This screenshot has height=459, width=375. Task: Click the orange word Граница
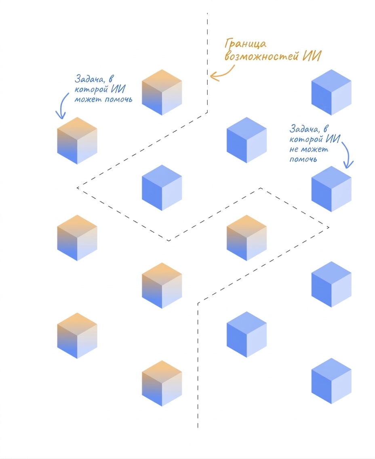(x=246, y=44)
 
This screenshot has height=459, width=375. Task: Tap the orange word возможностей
(x=262, y=56)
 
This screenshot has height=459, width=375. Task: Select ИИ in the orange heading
(x=312, y=56)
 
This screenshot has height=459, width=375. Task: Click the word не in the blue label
(x=294, y=150)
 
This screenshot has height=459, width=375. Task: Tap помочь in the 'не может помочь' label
(x=303, y=159)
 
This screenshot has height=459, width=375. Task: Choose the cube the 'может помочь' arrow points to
(x=77, y=140)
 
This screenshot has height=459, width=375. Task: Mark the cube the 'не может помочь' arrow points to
(x=331, y=189)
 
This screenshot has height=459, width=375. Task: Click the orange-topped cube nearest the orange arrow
(x=162, y=93)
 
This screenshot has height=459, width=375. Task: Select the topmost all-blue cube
(x=331, y=93)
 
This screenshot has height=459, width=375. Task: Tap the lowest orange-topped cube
(x=162, y=383)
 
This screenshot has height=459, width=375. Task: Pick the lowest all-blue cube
(x=331, y=381)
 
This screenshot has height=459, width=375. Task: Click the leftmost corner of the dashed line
(x=77, y=187)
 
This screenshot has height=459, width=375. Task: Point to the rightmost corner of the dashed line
(x=329, y=227)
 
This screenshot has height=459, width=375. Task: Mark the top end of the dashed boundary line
(x=207, y=13)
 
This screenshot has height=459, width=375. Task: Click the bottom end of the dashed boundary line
(x=198, y=428)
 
